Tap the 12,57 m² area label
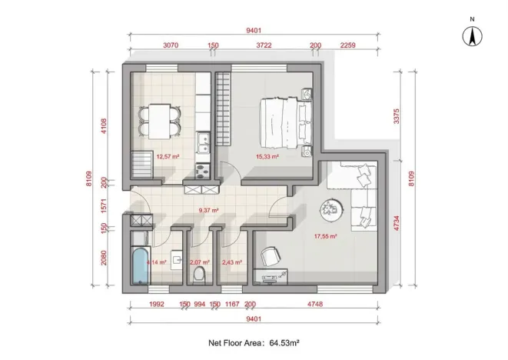tap(168, 156)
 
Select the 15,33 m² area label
tap(267, 156)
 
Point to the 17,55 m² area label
tap(325, 237)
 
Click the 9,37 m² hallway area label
tap(209, 210)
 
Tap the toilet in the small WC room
tap(199, 275)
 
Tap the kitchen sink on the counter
tap(204, 142)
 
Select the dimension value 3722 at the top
tap(264, 45)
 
